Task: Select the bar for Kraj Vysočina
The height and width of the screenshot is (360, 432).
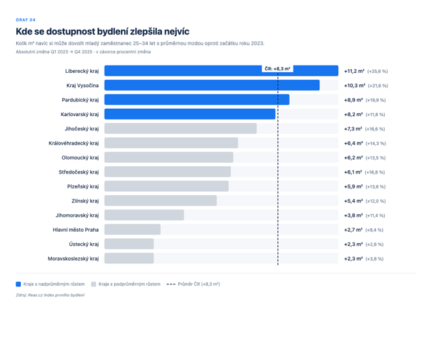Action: point(212,85)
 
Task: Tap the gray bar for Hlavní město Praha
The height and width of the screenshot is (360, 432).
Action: point(132,230)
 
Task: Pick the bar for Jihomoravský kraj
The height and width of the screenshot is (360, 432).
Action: point(144,215)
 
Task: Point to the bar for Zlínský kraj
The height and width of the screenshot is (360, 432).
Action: point(161,201)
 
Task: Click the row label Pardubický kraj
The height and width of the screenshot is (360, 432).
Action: point(80,100)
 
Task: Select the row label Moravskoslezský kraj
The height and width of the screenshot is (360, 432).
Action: point(74,259)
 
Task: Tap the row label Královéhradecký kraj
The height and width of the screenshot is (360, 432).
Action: point(74,143)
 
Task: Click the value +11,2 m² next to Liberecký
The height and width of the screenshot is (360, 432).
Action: point(354,71)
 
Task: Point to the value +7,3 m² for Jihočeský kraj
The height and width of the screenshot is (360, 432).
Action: point(353,129)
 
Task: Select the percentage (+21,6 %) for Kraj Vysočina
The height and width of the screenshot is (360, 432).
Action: point(378,86)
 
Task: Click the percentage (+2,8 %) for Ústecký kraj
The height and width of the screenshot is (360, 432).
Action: point(375,245)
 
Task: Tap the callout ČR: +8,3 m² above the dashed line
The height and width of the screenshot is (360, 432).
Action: point(277,69)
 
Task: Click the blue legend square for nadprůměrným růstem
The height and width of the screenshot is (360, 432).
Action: point(18,284)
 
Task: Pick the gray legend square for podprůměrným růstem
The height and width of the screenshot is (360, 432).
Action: point(94,284)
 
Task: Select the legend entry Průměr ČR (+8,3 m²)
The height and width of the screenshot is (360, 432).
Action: point(193,284)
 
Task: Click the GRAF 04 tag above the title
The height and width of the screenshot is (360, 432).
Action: point(26,20)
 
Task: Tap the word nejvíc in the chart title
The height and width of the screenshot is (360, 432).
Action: point(177,32)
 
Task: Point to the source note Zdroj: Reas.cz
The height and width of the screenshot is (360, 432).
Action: point(50,295)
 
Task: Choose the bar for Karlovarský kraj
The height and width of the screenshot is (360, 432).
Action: point(190,114)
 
